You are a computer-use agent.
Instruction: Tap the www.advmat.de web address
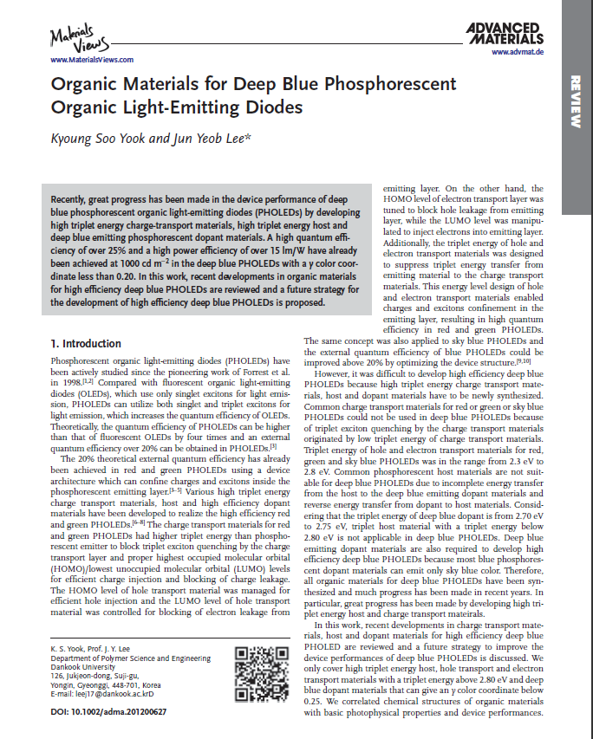coord(517,53)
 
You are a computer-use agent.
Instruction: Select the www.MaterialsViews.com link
coord(92,60)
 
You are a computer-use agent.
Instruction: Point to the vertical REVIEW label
coord(576,102)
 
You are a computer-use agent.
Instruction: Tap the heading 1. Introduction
coord(86,343)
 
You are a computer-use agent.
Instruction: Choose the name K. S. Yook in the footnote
coord(70,649)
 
